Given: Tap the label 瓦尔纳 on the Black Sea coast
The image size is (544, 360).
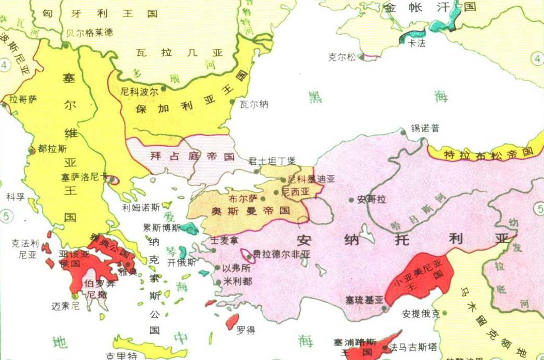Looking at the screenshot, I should [254, 104].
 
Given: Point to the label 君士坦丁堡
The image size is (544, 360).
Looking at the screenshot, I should [272, 161].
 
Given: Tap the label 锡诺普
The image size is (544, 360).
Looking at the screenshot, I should [424, 128].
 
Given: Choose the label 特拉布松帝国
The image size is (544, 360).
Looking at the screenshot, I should [488, 153].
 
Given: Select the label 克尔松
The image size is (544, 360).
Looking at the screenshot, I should [342, 57].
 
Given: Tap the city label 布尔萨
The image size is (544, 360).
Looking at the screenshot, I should [243, 198].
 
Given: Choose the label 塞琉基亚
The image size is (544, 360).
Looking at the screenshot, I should [365, 300].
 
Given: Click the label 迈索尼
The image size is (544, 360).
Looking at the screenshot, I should [65, 306].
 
